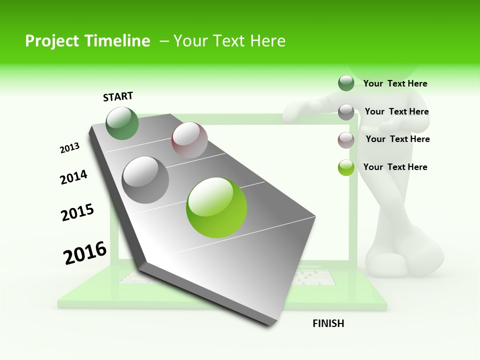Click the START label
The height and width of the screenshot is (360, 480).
point(118,96)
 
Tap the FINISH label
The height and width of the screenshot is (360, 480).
point(328,323)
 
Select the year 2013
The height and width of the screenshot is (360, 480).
point(69,147)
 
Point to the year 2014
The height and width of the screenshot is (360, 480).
point(73,177)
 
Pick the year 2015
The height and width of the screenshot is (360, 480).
point(77,212)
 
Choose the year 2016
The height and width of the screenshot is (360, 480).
point(85,253)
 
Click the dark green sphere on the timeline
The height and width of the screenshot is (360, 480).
point(122,123)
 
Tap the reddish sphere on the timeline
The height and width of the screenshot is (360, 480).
point(189,139)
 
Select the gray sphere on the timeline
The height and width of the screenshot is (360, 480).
point(145,179)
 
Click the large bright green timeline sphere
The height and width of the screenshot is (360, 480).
point(216,207)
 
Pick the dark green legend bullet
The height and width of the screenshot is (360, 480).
point(346,83)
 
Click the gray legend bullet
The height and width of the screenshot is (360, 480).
point(346,112)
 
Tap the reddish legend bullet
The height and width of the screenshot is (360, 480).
point(346,140)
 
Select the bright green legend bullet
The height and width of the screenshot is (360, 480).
point(346,167)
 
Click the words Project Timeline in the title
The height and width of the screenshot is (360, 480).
point(87,41)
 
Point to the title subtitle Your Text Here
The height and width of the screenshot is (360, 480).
point(229,41)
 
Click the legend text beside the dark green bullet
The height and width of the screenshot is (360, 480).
point(395,83)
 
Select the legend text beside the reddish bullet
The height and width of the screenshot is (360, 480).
point(397,139)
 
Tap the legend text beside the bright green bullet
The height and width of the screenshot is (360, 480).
point(395,167)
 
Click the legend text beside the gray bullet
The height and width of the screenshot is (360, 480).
point(396,111)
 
